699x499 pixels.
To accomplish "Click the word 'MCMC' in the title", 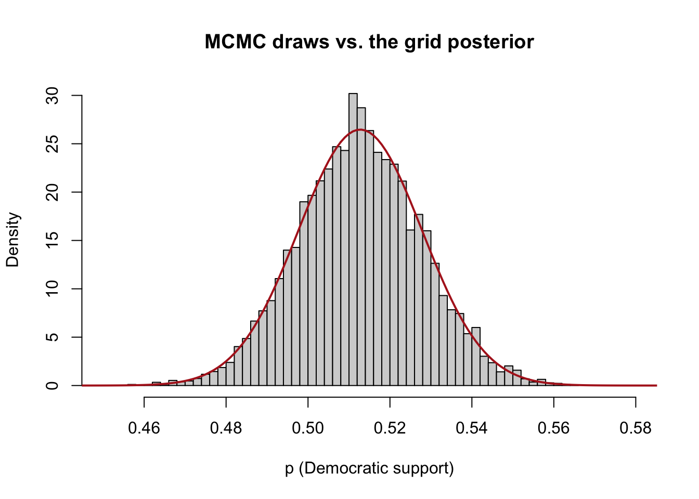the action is click(235, 42).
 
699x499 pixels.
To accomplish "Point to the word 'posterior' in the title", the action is click(491, 43).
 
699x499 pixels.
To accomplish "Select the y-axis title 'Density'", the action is click(12, 240).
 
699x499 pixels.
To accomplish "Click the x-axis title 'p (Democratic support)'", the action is click(369, 469).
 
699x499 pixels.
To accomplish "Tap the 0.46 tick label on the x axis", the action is click(144, 428).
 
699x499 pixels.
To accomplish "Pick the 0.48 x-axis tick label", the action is click(226, 428).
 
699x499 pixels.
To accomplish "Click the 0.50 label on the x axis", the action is click(308, 428).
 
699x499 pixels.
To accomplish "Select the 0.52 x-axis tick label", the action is click(390, 428).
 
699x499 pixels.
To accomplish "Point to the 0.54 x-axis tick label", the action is click(472, 428).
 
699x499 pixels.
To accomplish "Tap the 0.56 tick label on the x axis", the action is click(554, 428).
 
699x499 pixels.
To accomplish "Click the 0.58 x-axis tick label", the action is click(636, 428).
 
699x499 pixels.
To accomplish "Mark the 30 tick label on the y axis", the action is click(52, 96).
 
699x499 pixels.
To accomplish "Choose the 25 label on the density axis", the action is click(52, 144).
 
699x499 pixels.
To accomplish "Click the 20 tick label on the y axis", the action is click(52, 192).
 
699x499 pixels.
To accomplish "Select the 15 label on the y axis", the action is click(52, 241).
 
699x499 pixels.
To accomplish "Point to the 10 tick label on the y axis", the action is click(52, 289).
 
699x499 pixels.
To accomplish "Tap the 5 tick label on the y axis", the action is click(52, 337).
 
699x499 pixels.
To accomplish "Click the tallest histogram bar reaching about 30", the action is click(353, 239).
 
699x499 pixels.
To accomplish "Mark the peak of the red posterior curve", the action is click(360, 129).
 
